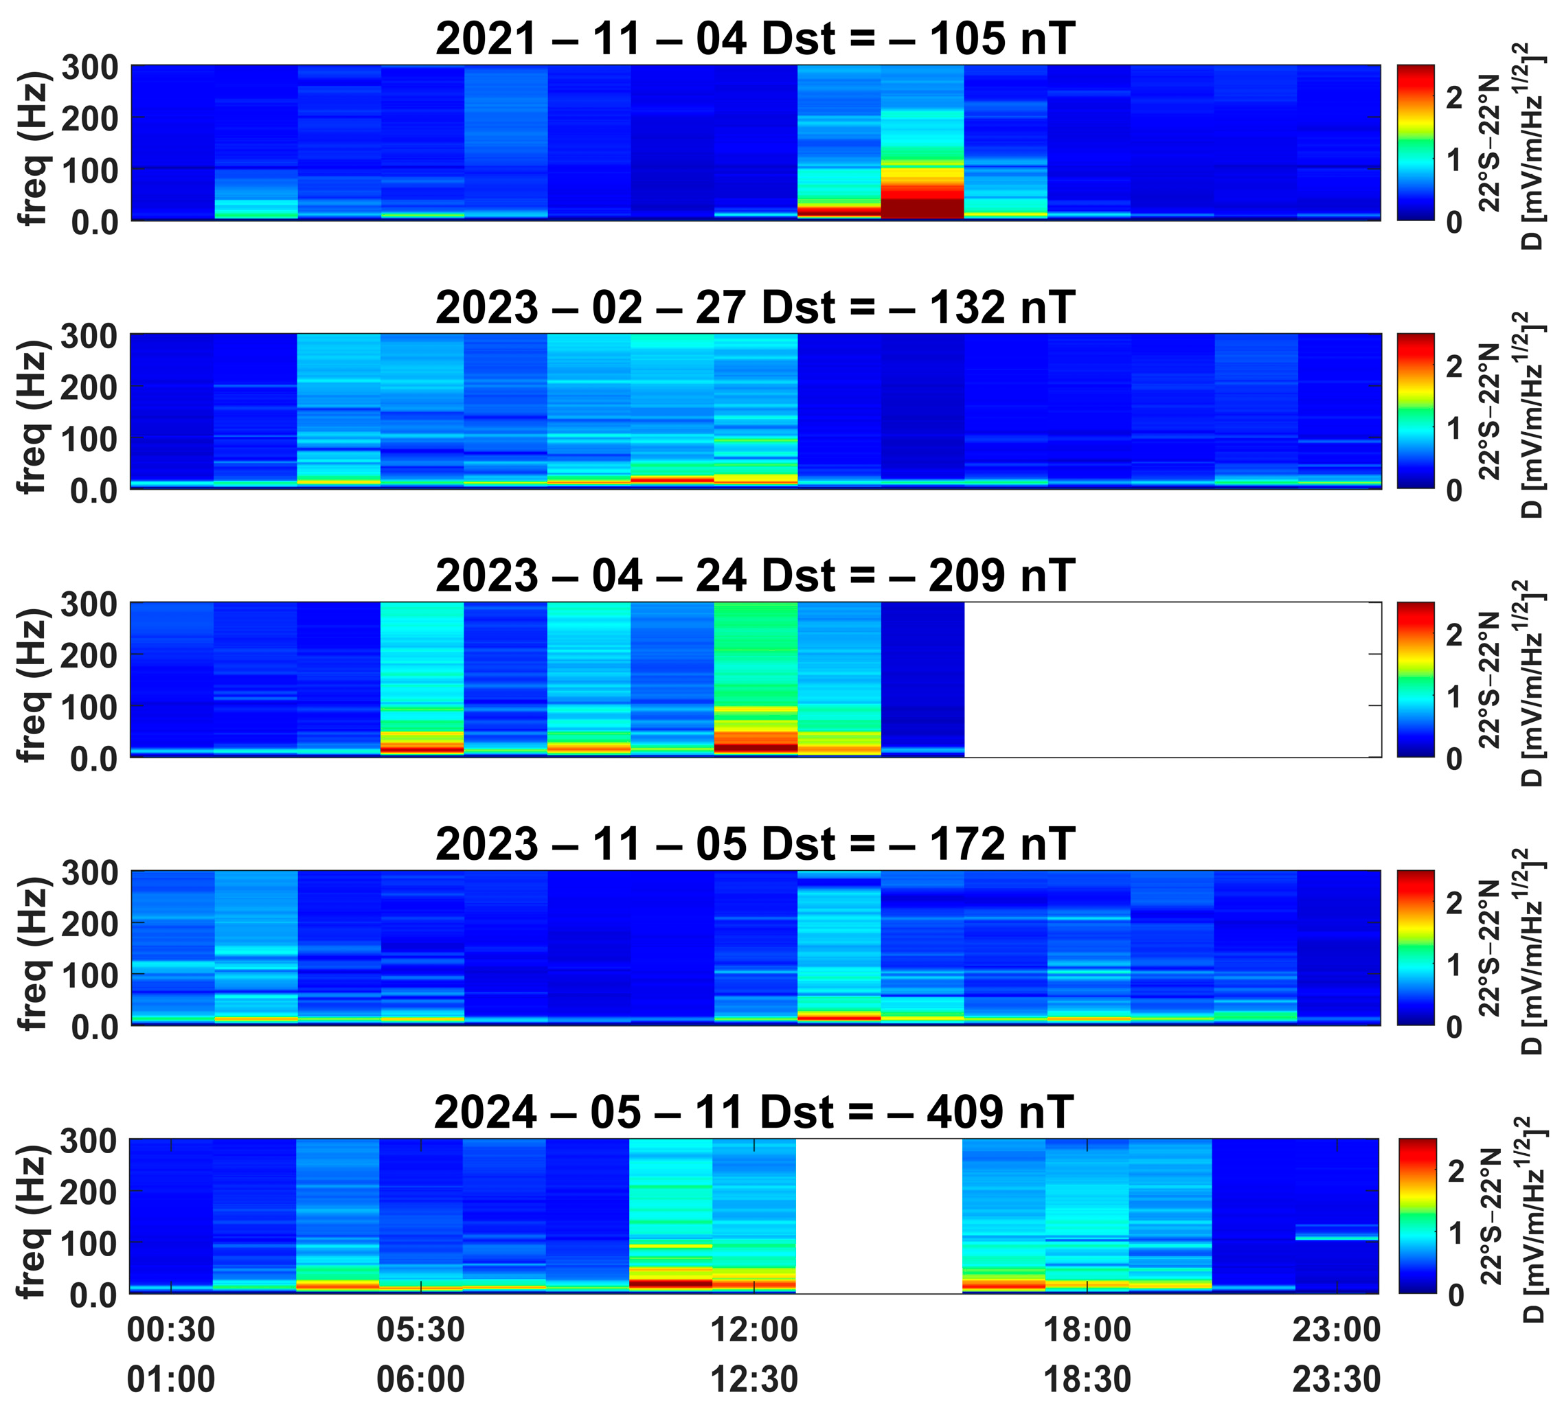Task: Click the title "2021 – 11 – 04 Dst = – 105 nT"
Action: [756, 38]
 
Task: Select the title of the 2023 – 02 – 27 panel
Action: [756, 308]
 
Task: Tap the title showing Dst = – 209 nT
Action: [756, 576]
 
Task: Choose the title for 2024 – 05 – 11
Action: [753, 1113]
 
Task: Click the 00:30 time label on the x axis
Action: [171, 1330]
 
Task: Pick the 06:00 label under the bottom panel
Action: [420, 1380]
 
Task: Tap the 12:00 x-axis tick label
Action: [754, 1330]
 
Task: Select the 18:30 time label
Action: [1087, 1380]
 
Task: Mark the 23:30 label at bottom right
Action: [1336, 1380]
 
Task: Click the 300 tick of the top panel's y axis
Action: [90, 68]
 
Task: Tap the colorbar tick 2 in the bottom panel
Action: [1455, 1170]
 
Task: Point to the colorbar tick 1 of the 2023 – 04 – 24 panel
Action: [1455, 696]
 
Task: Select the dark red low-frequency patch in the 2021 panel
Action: [922, 208]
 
